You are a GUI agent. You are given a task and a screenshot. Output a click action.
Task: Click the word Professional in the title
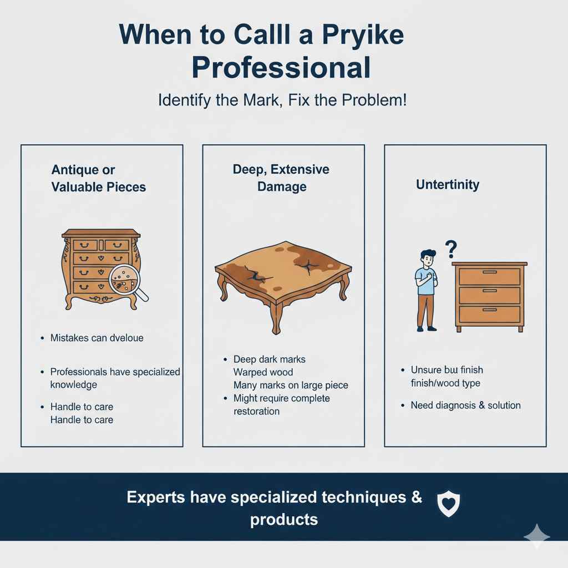(281, 68)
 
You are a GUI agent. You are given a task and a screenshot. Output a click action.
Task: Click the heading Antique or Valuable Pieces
(99, 178)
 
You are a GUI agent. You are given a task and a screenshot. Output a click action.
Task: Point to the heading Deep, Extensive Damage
(281, 178)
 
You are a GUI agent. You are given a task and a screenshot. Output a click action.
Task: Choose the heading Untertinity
(447, 185)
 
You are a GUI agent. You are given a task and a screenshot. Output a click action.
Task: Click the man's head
(427, 258)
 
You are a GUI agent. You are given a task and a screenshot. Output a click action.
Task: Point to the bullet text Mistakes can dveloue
(97, 337)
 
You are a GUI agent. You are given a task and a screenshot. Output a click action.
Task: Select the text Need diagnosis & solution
(465, 405)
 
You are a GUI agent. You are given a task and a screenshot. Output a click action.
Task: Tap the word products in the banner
(283, 520)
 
